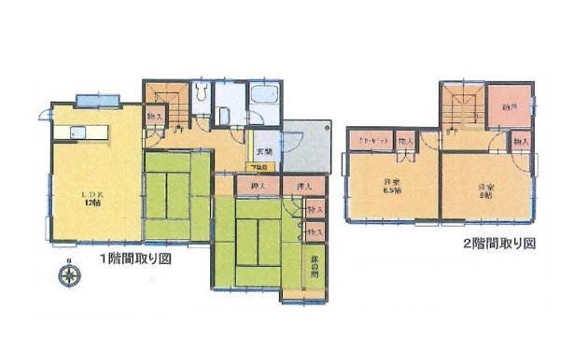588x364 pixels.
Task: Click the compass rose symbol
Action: coord(68,274)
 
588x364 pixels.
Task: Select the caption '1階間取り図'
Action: coord(139,260)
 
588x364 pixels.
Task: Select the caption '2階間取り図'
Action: coord(497,245)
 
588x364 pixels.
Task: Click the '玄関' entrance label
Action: coord(264,151)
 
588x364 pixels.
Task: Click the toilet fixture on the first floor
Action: coord(202,93)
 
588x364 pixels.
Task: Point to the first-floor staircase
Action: coord(165,97)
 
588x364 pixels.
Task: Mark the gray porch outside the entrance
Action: coord(305,145)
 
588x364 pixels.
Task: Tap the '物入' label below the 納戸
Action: coord(520,141)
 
